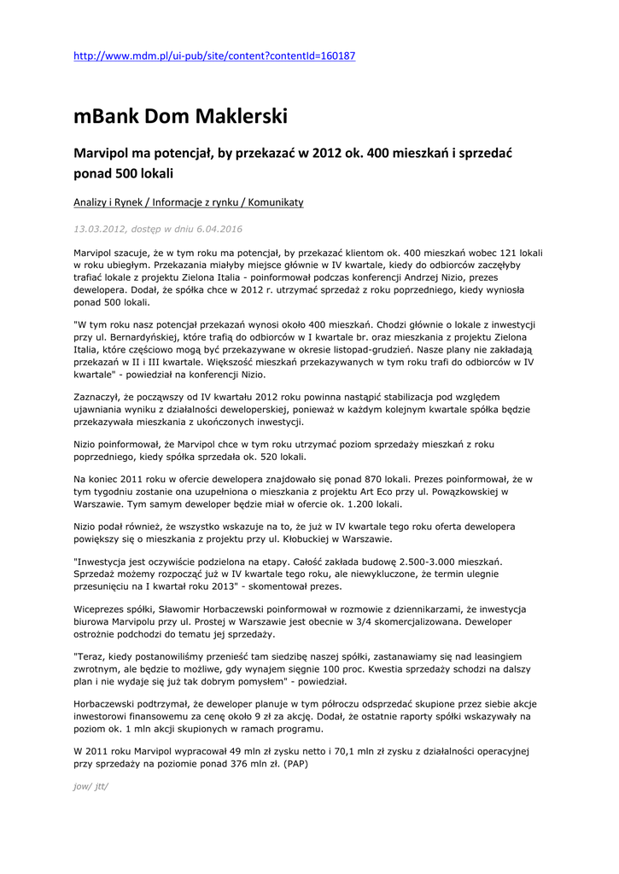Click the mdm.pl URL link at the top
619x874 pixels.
(214, 56)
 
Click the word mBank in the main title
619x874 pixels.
(105, 116)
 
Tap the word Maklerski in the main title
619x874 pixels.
(244, 116)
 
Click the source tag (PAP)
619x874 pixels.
(294, 764)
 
